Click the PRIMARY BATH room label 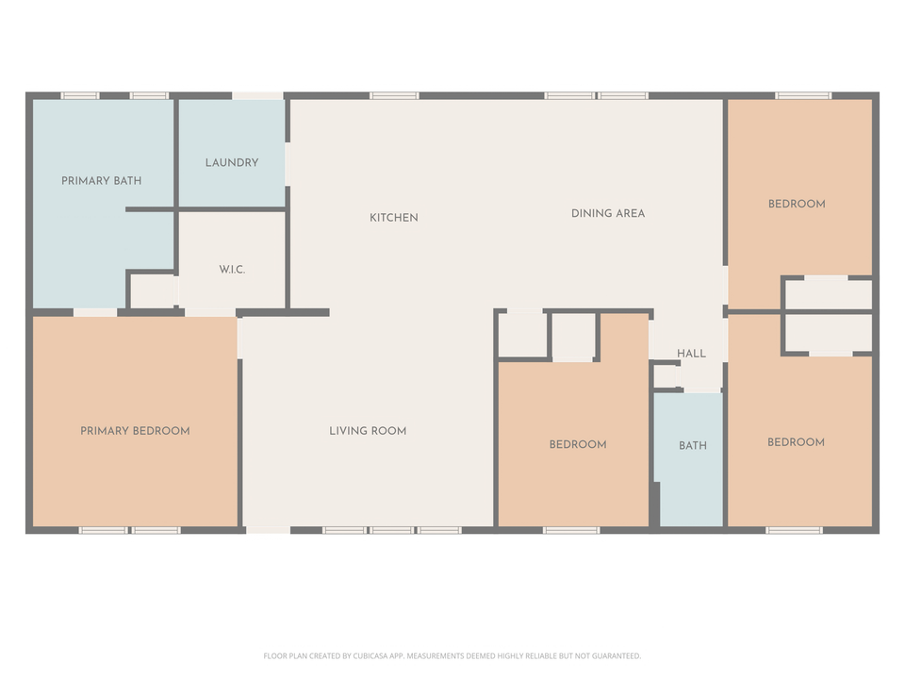click(x=101, y=180)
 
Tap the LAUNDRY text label click(x=232, y=162)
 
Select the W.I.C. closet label click(x=232, y=270)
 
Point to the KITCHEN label click(x=393, y=218)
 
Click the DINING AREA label click(x=608, y=213)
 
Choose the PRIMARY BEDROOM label click(x=135, y=431)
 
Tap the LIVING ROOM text click(x=368, y=431)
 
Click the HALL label click(x=691, y=354)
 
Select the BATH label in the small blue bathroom click(x=693, y=445)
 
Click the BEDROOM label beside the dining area click(x=797, y=204)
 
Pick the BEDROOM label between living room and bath click(x=578, y=444)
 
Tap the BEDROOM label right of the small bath click(x=796, y=442)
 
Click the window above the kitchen click(x=394, y=95)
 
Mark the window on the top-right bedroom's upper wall click(x=803, y=95)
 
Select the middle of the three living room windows click(x=391, y=530)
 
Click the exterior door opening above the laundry click(x=257, y=95)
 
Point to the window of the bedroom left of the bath click(x=571, y=530)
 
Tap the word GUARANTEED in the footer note click(x=614, y=655)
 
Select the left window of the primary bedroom click(x=103, y=530)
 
